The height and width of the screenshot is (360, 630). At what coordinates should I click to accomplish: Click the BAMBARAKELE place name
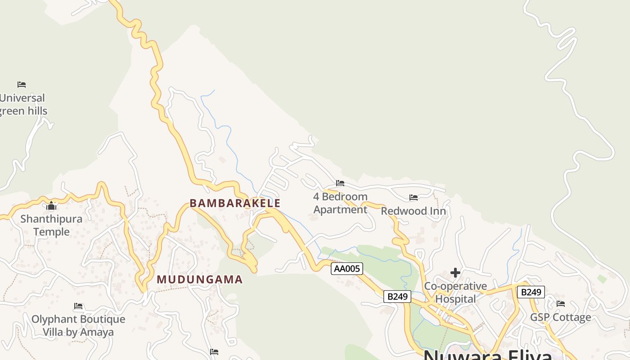(x=235, y=203)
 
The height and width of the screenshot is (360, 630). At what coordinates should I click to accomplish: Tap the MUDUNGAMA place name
(x=199, y=279)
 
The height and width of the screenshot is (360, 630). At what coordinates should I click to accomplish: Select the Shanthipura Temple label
(x=51, y=225)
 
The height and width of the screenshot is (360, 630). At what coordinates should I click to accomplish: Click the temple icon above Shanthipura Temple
(x=51, y=206)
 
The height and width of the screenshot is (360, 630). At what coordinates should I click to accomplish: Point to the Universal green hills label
(x=22, y=104)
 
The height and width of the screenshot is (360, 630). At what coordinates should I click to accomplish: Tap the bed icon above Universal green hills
(x=22, y=84)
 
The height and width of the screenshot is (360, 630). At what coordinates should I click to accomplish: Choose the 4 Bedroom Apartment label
(x=340, y=203)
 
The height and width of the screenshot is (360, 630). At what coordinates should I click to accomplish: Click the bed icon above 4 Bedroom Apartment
(x=340, y=183)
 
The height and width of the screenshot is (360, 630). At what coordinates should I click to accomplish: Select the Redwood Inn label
(x=414, y=211)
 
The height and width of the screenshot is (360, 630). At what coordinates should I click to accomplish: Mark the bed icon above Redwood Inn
(x=414, y=198)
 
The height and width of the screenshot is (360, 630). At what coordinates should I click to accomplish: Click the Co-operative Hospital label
(x=455, y=292)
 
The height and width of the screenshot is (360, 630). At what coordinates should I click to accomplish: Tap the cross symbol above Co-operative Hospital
(x=455, y=273)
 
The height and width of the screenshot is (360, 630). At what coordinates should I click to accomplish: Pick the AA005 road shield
(x=347, y=269)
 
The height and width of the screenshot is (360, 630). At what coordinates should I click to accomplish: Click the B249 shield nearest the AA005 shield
(x=397, y=297)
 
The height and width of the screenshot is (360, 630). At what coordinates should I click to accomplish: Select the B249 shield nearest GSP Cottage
(x=531, y=292)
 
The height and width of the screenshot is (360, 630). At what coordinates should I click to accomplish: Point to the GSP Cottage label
(x=560, y=317)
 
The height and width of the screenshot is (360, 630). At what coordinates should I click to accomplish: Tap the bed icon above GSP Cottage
(x=561, y=304)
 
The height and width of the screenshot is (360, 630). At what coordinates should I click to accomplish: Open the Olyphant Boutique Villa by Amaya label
(x=78, y=326)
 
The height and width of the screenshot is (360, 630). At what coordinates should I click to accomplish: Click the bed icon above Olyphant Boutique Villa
(x=78, y=306)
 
